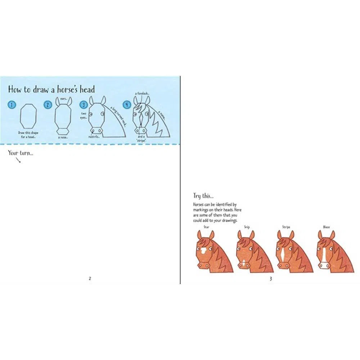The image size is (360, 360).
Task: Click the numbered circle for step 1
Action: click(x=12, y=105)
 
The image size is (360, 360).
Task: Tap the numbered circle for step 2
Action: click(x=48, y=105)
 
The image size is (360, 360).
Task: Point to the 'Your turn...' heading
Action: click(x=20, y=153)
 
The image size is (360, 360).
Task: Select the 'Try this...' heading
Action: click(x=203, y=196)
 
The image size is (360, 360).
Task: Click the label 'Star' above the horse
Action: click(x=206, y=227)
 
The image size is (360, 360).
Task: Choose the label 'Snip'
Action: click(x=247, y=227)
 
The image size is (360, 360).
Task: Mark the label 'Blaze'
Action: click(x=327, y=227)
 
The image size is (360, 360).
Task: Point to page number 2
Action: click(x=90, y=278)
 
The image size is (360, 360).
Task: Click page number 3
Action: click(x=270, y=278)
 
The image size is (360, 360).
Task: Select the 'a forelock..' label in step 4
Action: click(x=141, y=93)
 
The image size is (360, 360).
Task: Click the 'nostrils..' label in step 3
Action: click(x=94, y=137)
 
